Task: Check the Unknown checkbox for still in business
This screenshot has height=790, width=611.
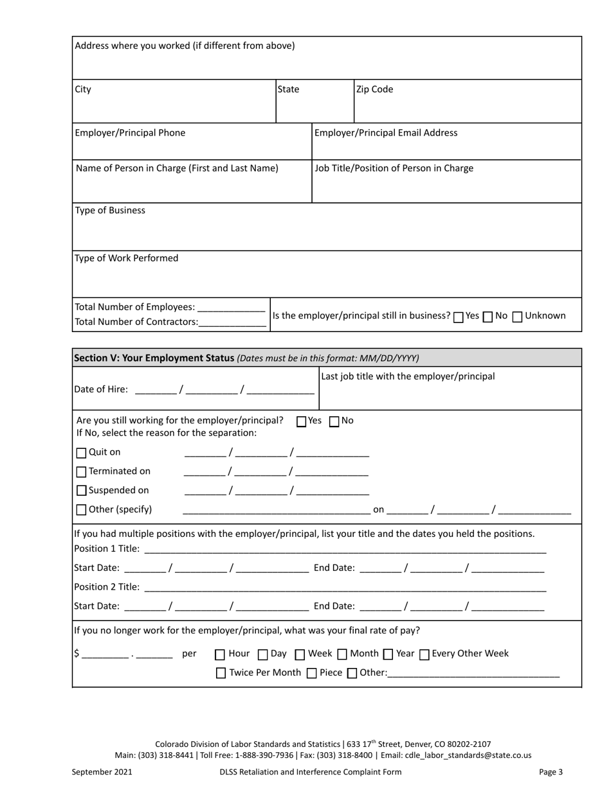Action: pos(517,317)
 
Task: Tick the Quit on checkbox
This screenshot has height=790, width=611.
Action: pos(81,453)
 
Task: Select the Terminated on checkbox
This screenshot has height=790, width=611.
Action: pos(81,472)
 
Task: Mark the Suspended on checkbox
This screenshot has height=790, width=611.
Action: pos(81,491)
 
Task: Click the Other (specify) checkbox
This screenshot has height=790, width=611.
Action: pos(81,510)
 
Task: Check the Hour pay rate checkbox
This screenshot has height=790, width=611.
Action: pos(220,654)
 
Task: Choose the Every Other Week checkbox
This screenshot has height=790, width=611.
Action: pos(424,654)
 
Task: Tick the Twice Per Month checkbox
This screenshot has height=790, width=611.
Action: pos(221,674)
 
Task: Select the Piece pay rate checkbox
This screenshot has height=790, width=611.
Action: pos(312,674)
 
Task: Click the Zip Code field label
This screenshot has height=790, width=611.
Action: pos(375,90)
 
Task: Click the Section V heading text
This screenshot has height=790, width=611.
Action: pos(154,358)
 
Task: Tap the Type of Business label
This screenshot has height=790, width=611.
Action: pos(110,211)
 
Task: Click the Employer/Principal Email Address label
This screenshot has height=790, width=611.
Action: pos(386,133)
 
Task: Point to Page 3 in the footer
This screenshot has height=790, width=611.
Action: pos(551,772)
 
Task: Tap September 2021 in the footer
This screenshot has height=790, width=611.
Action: pos(102,772)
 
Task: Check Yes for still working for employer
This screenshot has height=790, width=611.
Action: pos(301,422)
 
